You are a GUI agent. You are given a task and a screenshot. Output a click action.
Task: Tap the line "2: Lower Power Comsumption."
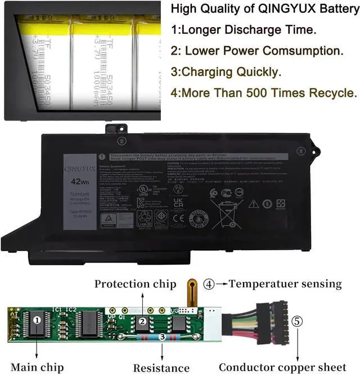point(256,51)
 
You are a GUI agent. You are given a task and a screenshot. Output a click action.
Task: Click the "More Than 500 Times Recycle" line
point(264,92)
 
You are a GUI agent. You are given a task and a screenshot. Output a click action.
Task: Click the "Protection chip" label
point(135,283)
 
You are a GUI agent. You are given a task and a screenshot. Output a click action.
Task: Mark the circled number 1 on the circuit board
point(37,320)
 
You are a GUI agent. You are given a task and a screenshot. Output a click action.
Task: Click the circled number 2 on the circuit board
point(143,321)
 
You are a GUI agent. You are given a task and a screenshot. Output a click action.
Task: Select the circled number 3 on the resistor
point(163,336)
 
